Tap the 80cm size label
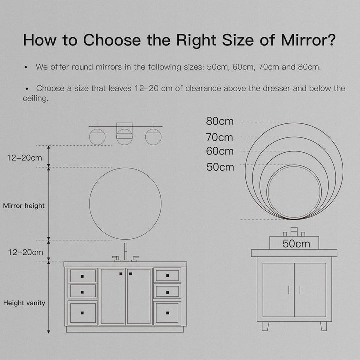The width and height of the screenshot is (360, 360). click(x=220, y=121)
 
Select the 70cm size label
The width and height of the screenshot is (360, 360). click(x=219, y=138)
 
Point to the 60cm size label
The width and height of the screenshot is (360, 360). click(x=220, y=151)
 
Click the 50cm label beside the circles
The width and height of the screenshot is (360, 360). click(x=220, y=167)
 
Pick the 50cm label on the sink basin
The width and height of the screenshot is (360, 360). click(x=296, y=244)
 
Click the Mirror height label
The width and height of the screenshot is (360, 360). click(x=24, y=206)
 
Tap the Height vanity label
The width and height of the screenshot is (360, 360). click(x=24, y=303)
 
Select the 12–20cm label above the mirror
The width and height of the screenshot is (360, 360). click(x=25, y=158)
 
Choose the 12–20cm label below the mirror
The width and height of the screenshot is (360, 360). click(x=25, y=253)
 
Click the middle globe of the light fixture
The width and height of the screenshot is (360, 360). click(x=124, y=137)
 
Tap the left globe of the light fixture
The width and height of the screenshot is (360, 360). click(x=97, y=137)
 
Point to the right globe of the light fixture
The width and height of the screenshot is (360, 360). click(x=153, y=137)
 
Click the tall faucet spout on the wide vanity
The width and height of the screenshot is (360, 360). click(x=126, y=252)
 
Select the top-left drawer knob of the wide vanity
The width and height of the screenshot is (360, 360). click(x=82, y=276)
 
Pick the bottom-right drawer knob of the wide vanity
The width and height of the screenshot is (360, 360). click(x=168, y=313)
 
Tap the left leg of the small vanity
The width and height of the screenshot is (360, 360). click(x=265, y=326)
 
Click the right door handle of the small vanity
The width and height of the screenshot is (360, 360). click(x=300, y=290)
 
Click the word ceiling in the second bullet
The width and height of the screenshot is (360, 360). click(x=36, y=98)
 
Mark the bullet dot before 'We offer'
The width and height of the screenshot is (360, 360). click(x=26, y=67)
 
